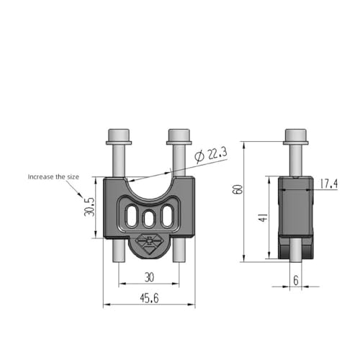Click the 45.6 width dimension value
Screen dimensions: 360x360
[149, 299]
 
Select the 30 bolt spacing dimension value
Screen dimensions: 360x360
[149, 278]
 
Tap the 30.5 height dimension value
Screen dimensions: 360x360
[89, 207]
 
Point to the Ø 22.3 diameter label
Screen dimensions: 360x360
[211, 155]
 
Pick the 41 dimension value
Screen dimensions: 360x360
[264, 217]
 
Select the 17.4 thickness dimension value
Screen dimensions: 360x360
[329, 184]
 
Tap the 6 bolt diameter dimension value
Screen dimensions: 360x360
[296, 280]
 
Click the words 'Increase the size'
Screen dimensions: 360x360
[53, 177]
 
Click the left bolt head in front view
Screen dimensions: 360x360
[119, 137]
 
